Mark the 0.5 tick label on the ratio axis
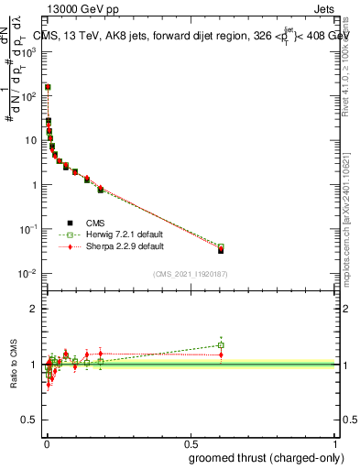(30, 420)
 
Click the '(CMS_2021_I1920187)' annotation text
(189, 273)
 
